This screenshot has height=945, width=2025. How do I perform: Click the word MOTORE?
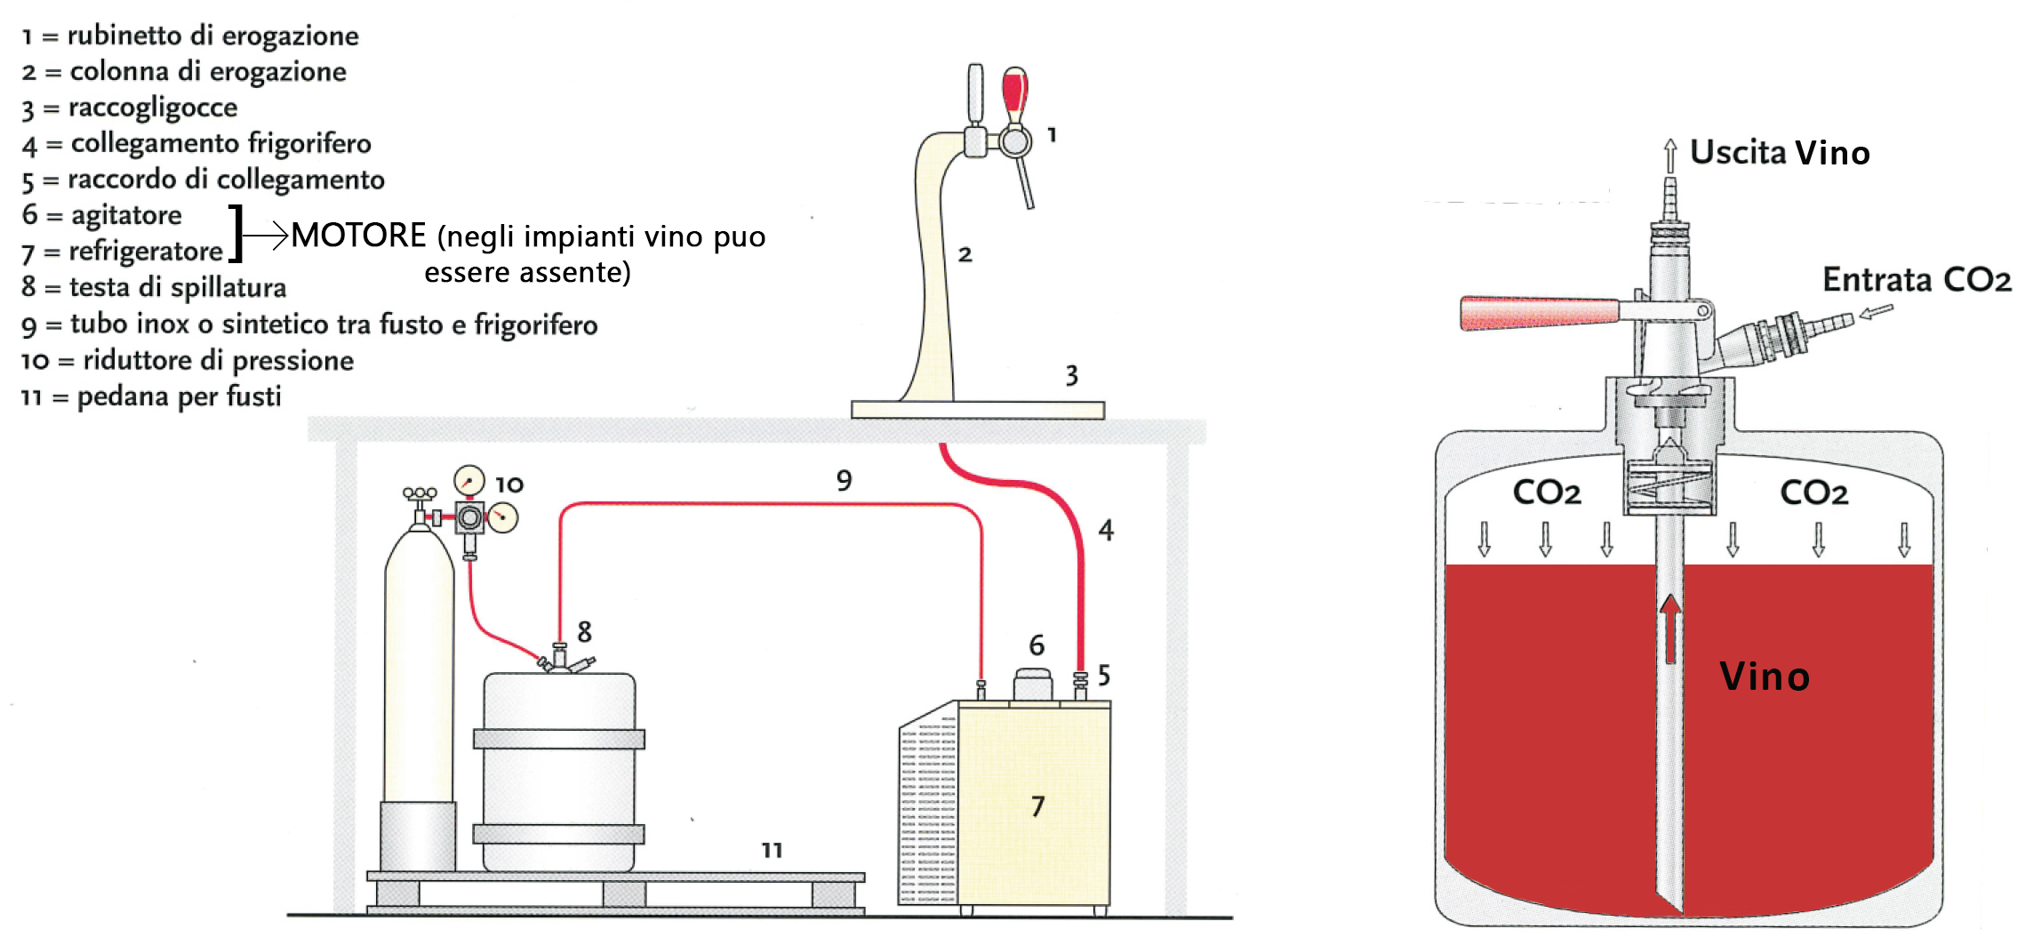pyautogui.click(x=358, y=236)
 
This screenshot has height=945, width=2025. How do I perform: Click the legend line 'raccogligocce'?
pyautogui.click(x=152, y=108)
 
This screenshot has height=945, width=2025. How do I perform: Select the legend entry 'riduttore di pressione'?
pyautogui.click(x=218, y=360)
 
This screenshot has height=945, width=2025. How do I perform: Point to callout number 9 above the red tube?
pyautogui.click(x=844, y=481)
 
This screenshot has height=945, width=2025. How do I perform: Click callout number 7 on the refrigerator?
pyautogui.click(x=1037, y=806)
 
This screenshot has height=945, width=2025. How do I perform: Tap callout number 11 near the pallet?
pyautogui.click(x=772, y=851)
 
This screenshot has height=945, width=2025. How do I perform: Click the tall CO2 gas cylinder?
pyautogui.click(x=419, y=676)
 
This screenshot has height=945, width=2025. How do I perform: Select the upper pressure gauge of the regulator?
pyautogui.click(x=468, y=481)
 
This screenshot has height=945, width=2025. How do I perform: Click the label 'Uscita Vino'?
pyautogui.click(x=1779, y=153)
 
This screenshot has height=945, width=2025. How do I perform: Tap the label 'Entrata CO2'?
pyautogui.click(x=1916, y=280)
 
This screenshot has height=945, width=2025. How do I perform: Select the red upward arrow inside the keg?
pyautogui.click(x=1670, y=628)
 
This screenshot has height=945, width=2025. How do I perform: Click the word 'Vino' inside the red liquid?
pyautogui.click(x=1765, y=677)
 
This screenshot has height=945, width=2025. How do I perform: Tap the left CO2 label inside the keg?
pyautogui.click(x=1547, y=493)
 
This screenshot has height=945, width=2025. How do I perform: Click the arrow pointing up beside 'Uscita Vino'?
pyautogui.click(x=1670, y=155)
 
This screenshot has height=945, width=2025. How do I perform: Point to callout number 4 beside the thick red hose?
pyautogui.click(x=1106, y=531)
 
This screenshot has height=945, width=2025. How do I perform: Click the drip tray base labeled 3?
pyautogui.click(x=978, y=410)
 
